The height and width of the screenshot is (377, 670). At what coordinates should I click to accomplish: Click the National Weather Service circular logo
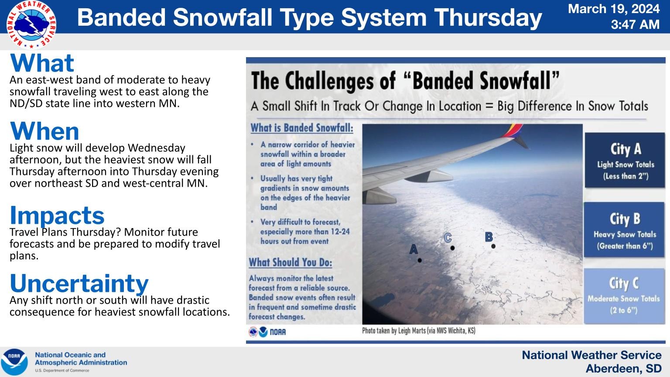click(31, 24)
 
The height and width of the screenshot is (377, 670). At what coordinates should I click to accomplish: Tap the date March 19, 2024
click(614, 9)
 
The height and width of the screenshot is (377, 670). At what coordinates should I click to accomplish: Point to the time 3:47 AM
click(635, 24)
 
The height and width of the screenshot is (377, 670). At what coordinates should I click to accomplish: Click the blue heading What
click(42, 63)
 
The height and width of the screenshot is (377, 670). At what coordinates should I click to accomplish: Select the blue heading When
click(44, 131)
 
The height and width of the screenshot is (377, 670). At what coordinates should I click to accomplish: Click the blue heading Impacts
click(57, 216)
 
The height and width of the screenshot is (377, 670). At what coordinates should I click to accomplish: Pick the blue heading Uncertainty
click(79, 284)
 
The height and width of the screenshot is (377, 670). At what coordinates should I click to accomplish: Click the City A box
click(625, 160)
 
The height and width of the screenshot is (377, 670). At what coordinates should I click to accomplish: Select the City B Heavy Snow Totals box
click(624, 230)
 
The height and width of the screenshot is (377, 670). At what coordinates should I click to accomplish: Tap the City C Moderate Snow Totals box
click(624, 296)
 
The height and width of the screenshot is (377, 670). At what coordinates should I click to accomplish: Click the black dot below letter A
click(420, 260)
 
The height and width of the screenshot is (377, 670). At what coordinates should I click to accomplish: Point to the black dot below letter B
click(493, 246)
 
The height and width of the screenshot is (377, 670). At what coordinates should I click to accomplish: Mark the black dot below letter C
click(452, 248)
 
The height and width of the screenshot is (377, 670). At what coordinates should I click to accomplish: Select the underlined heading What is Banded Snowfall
click(302, 128)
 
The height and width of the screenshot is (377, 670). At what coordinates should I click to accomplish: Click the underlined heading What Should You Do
click(291, 262)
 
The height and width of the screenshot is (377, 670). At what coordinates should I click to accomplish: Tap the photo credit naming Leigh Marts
click(419, 331)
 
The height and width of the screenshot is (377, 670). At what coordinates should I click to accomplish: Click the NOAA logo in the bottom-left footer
click(14, 361)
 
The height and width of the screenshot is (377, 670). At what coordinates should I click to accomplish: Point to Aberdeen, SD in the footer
click(624, 369)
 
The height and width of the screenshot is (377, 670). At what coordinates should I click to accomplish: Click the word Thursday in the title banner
click(488, 17)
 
